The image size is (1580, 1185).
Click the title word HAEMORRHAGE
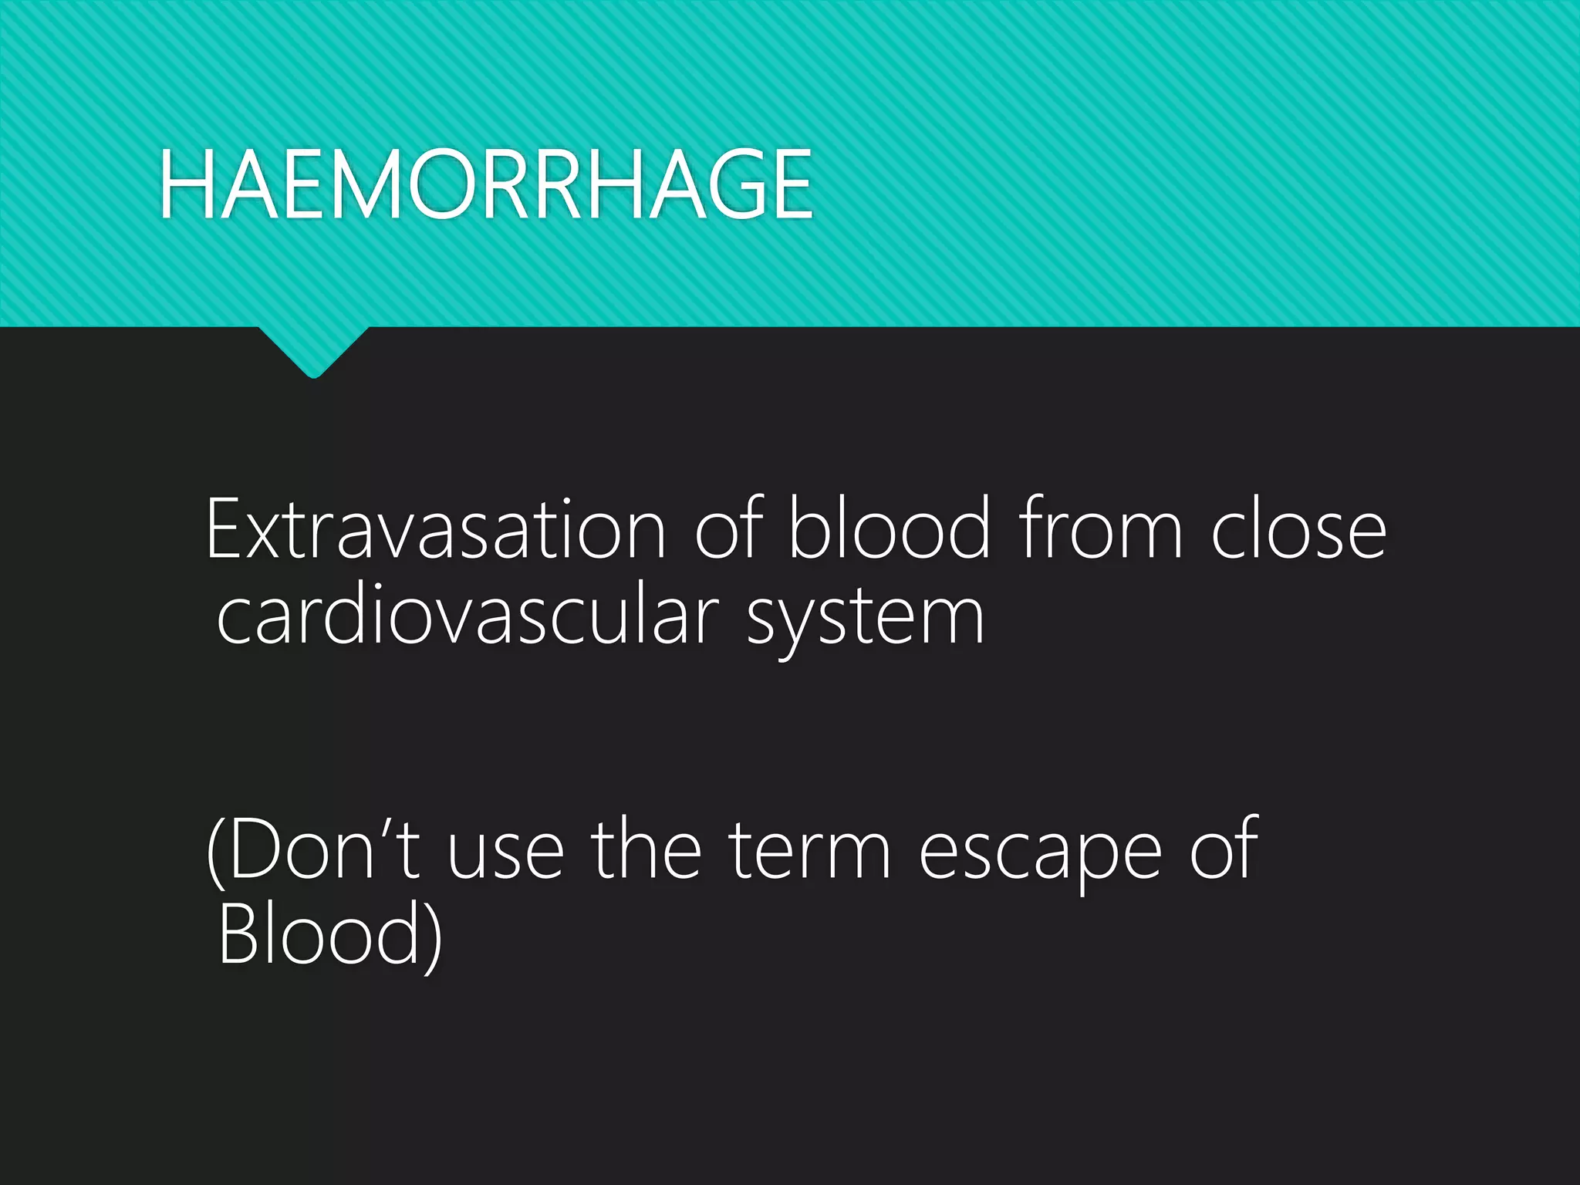click(486, 185)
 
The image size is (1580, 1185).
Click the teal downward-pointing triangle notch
click(313, 350)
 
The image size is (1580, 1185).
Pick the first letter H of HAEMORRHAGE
click(184, 185)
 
